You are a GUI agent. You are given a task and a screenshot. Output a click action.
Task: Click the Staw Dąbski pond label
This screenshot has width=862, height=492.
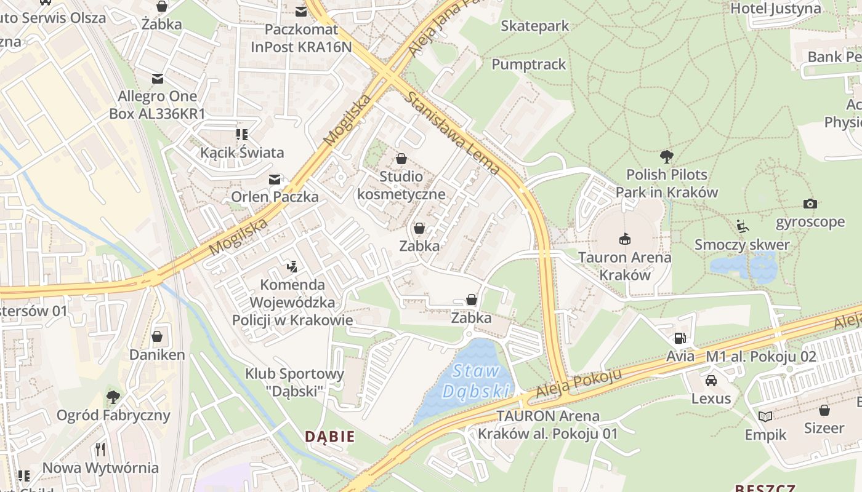pos(477,381)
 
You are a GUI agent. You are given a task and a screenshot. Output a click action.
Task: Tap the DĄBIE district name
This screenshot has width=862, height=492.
pos(330,437)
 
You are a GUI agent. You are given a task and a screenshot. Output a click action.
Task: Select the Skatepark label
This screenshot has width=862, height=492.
pos(534,26)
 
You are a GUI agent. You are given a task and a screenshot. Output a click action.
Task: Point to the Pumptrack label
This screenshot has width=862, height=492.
pos(528,64)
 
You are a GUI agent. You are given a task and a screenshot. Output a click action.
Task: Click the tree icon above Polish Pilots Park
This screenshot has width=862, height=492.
pos(666,156)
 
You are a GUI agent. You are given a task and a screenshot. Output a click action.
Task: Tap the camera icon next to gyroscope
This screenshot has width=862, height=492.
pos(810,204)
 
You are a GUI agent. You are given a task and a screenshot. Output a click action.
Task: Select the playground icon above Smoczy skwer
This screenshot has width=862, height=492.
pos(742,226)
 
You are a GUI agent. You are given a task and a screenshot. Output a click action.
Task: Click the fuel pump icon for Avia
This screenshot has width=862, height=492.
pos(680,338)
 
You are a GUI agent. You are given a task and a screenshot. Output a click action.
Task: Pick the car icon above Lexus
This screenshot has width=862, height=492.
pos(711,380)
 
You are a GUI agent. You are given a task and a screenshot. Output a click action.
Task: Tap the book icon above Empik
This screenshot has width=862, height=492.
pos(765,416)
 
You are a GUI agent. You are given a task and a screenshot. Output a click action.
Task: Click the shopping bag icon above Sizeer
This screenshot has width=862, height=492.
pos(824,410)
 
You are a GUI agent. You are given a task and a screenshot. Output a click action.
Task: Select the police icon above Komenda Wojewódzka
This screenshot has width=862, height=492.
pos(292,266)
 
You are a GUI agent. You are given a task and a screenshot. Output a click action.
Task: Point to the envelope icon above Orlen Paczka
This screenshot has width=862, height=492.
pos(275,179)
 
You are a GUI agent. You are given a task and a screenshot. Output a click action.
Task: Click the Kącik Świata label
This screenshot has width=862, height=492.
pos(242,153)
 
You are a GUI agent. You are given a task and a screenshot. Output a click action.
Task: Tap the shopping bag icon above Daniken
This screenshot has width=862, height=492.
pos(157,336)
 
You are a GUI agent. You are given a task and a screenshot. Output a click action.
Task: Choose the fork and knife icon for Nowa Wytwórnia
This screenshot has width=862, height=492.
pos(101,450)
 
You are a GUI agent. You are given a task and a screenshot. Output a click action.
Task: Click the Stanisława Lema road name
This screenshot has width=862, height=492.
pos(453,132)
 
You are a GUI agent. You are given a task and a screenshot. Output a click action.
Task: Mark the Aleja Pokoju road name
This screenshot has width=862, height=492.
pos(576,383)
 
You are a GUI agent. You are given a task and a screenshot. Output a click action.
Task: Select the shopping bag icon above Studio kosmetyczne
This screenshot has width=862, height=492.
pos(401,159)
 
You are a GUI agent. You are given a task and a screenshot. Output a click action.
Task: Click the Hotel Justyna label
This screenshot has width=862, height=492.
pos(775,9)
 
